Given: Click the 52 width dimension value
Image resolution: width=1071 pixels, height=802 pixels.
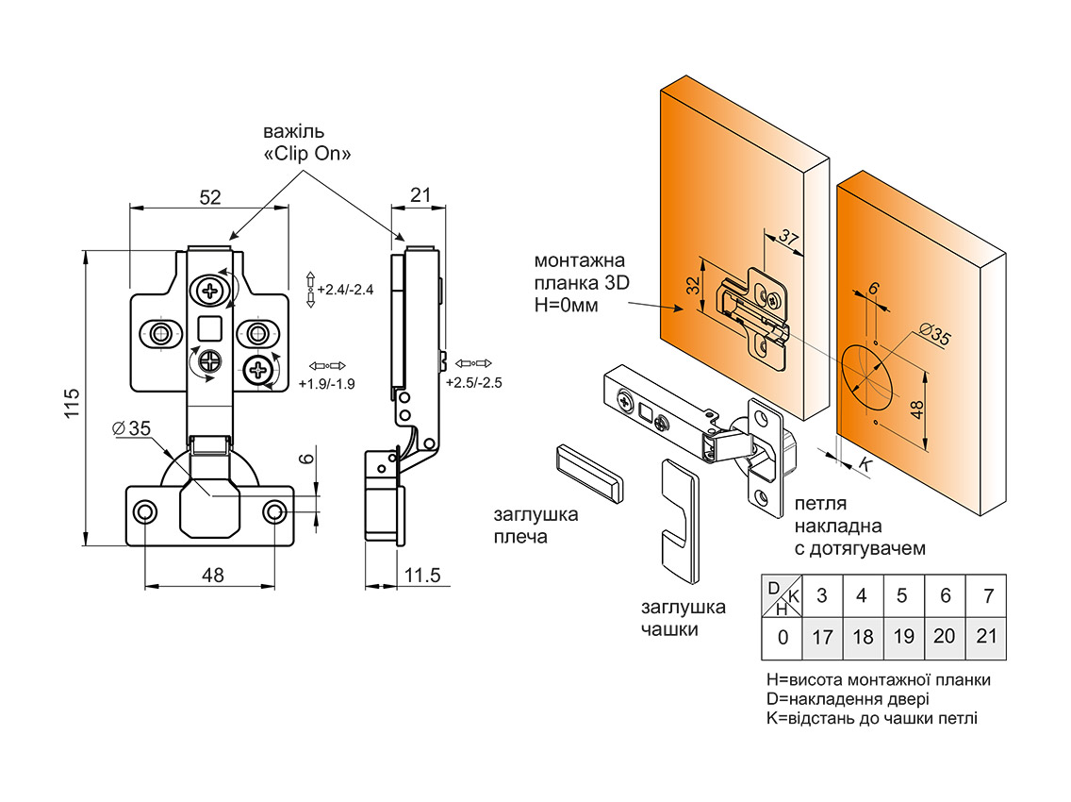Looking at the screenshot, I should click(209, 197).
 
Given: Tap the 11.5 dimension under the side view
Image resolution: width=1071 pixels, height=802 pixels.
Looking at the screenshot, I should click(423, 576).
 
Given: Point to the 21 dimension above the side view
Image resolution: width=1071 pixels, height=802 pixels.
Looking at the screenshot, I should click(420, 195).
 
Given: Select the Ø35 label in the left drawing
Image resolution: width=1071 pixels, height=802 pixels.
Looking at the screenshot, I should click(131, 428).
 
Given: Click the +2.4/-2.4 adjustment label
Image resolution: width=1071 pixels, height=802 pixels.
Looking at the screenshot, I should click(345, 290).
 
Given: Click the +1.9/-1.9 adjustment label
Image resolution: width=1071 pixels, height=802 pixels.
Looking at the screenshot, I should click(325, 384).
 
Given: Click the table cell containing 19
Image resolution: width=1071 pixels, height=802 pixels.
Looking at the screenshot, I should click(903, 636).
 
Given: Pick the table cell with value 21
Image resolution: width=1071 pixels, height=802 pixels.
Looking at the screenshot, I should click(986, 636).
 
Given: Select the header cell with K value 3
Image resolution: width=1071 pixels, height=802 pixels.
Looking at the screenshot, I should click(822, 595).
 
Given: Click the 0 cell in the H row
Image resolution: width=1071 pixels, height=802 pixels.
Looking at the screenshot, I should click(783, 637).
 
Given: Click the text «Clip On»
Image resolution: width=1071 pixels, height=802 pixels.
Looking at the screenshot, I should click(307, 154).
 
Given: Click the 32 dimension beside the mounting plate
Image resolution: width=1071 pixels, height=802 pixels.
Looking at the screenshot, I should click(693, 286).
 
